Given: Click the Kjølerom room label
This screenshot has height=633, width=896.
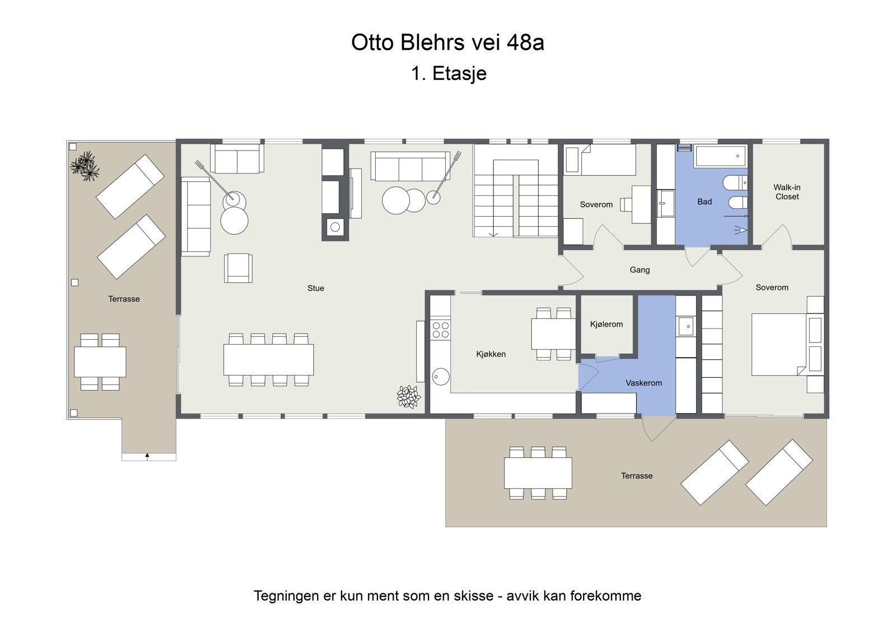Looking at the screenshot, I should click(606, 324).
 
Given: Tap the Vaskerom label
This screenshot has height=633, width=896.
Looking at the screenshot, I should click(643, 383).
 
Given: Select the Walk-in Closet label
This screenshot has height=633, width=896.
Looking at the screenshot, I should click(787, 192).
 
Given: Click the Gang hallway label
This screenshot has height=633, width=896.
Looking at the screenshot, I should click(640, 270).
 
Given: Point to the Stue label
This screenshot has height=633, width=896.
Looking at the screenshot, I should click(315, 288).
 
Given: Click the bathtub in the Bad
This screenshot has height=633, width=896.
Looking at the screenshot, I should click(721, 156).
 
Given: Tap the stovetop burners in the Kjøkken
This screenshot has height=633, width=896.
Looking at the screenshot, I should click(441, 330).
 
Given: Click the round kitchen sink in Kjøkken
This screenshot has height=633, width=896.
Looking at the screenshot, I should click(441, 376).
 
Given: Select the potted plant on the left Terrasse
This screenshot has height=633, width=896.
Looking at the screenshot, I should click(85, 166).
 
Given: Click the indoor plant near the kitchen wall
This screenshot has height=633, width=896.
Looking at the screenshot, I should click(408, 396).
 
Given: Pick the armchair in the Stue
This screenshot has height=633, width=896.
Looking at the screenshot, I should click(238, 268).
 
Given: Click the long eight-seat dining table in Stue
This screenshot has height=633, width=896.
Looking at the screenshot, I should click(268, 359).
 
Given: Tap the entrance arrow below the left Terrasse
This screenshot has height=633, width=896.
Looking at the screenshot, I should click(147, 456).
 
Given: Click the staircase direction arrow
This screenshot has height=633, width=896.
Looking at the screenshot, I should click(493, 233).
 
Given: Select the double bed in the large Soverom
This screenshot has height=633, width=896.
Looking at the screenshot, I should click(778, 344).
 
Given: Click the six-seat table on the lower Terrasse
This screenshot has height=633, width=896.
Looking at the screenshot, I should click(538, 473).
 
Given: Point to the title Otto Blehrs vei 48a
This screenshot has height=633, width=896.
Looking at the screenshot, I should click(447, 43).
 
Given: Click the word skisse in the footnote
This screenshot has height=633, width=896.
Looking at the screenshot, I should click(473, 596).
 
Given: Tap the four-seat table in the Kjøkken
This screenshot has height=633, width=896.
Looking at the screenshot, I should click(553, 334).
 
